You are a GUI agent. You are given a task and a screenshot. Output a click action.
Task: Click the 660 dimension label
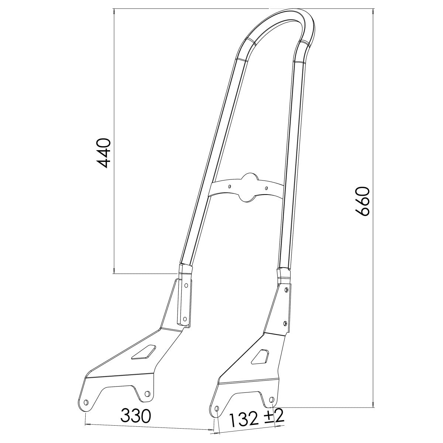click(x=361, y=201)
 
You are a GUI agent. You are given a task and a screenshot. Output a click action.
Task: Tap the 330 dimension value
click(x=136, y=416)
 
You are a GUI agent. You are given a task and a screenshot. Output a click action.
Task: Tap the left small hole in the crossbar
click(x=230, y=187)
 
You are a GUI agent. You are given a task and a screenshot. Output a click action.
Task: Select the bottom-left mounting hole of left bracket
click(x=86, y=402)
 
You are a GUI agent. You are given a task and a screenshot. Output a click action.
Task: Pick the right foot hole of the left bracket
click(x=147, y=394)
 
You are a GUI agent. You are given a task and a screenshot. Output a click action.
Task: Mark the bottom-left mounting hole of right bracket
click(x=217, y=409)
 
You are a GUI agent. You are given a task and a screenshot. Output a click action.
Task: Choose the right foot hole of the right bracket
click(x=272, y=399)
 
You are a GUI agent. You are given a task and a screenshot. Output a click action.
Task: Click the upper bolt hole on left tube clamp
click(x=186, y=285)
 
